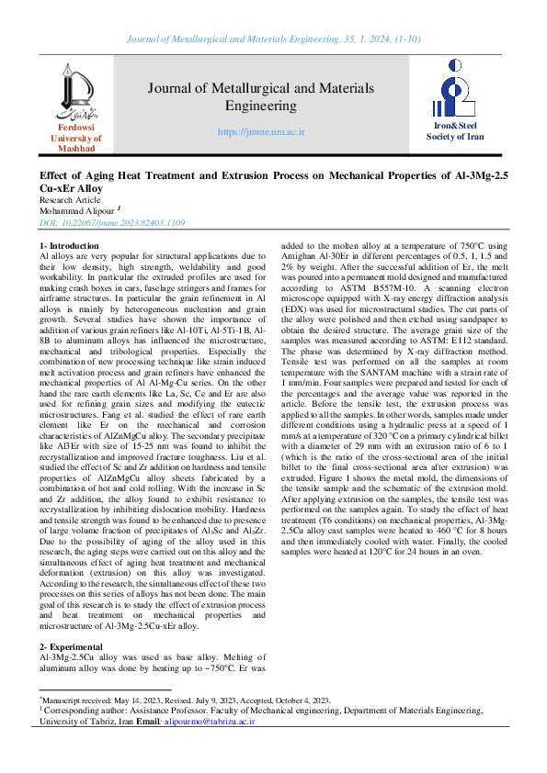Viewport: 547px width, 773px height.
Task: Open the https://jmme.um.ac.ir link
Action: (x=261, y=132)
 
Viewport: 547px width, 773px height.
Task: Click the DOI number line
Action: (x=112, y=223)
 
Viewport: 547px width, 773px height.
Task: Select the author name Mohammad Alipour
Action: (x=77, y=210)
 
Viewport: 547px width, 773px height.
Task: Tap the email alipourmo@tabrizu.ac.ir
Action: (x=209, y=723)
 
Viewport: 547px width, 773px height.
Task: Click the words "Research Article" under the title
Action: (x=70, y=199)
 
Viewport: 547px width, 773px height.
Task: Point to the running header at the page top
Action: (x=273, y=39)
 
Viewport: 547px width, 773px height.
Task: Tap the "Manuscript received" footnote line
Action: (x=184, y=700)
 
